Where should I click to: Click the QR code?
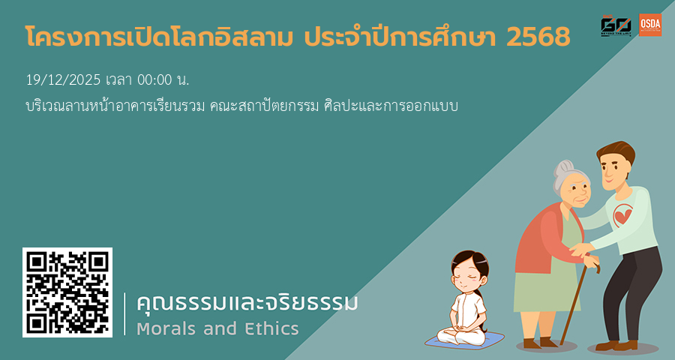67,292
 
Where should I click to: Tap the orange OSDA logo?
650,25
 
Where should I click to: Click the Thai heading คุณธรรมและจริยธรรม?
247,304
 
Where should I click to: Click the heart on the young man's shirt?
622,217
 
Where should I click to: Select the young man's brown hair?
615,154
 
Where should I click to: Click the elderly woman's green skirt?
544,300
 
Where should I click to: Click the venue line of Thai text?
240,106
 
